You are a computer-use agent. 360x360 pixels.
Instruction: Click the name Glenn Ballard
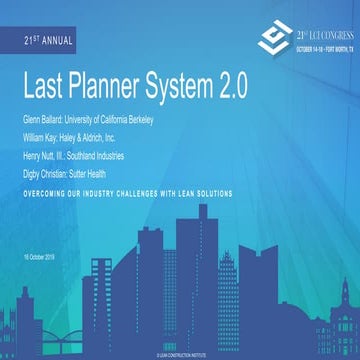43,119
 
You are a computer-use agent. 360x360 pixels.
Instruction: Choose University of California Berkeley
117,119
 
